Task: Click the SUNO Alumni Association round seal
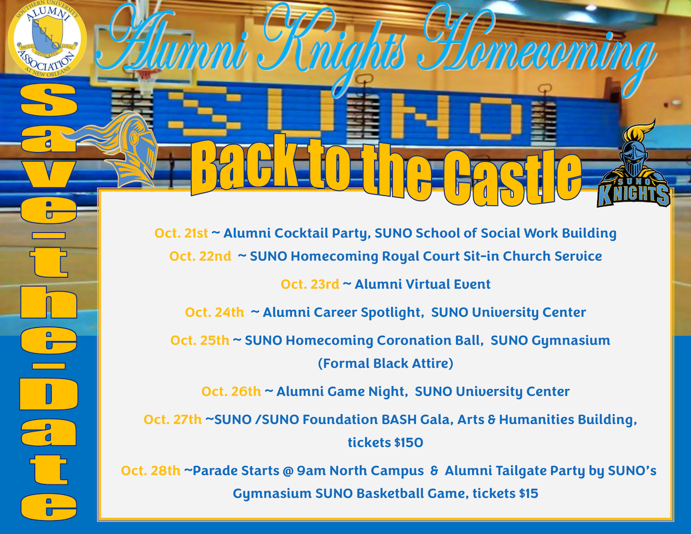(x=47, y=39)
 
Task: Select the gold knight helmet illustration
(x=117, y=149)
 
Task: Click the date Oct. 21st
(x=181, y=233)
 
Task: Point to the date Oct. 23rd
(x=310, y=284)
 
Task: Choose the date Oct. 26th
(x=231, y=391)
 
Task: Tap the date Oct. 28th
(x=150, y=471)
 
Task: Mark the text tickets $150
(x=385, y=442)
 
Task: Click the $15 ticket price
(x=529, y=493)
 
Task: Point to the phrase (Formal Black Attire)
(x=385, y=363)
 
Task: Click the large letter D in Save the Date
(x=48, y=395)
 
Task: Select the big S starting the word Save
(x=48, y=101)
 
